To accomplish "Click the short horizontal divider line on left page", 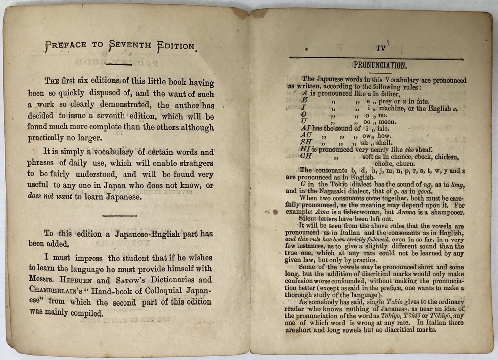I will click(x=119, y=215).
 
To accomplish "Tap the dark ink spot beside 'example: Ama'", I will click(x=274, y=212).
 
